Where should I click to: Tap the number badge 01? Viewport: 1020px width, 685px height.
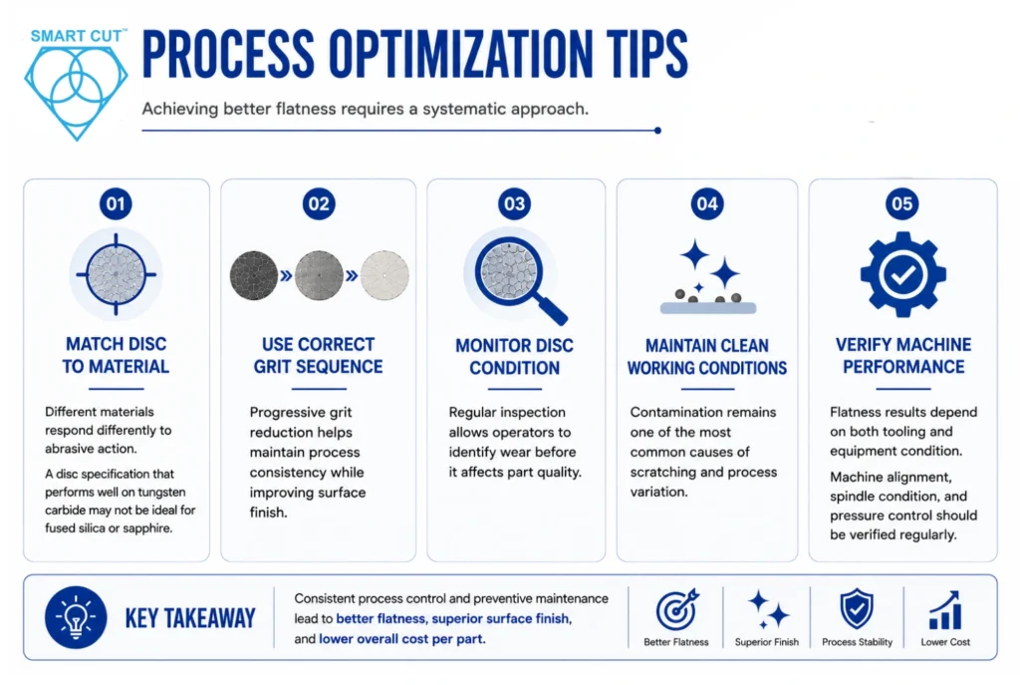[116, 203]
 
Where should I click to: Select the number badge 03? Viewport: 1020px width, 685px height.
[515, 203]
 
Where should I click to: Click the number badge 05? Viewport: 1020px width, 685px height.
[902, 203]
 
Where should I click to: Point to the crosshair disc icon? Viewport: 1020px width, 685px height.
[116, 274]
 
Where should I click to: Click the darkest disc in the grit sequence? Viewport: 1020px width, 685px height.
[254, 275]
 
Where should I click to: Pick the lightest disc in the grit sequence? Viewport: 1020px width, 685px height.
[385, 275]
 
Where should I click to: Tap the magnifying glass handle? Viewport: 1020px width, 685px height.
[552, 309]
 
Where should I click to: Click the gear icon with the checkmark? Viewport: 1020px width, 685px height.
[902, 275]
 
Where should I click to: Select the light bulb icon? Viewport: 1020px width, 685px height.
[76, 617]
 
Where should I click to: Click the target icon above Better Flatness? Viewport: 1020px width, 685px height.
[676, 609]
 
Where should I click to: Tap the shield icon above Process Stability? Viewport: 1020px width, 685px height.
[857, 609]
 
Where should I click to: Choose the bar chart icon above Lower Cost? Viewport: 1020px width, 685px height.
[945, 610]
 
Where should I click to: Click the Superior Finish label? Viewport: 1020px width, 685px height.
[767, 642]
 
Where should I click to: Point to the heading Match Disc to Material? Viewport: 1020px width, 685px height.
[116, 355]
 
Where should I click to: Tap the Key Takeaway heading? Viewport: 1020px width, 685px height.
[190, 618]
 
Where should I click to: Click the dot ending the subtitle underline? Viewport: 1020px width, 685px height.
[657, 131]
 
